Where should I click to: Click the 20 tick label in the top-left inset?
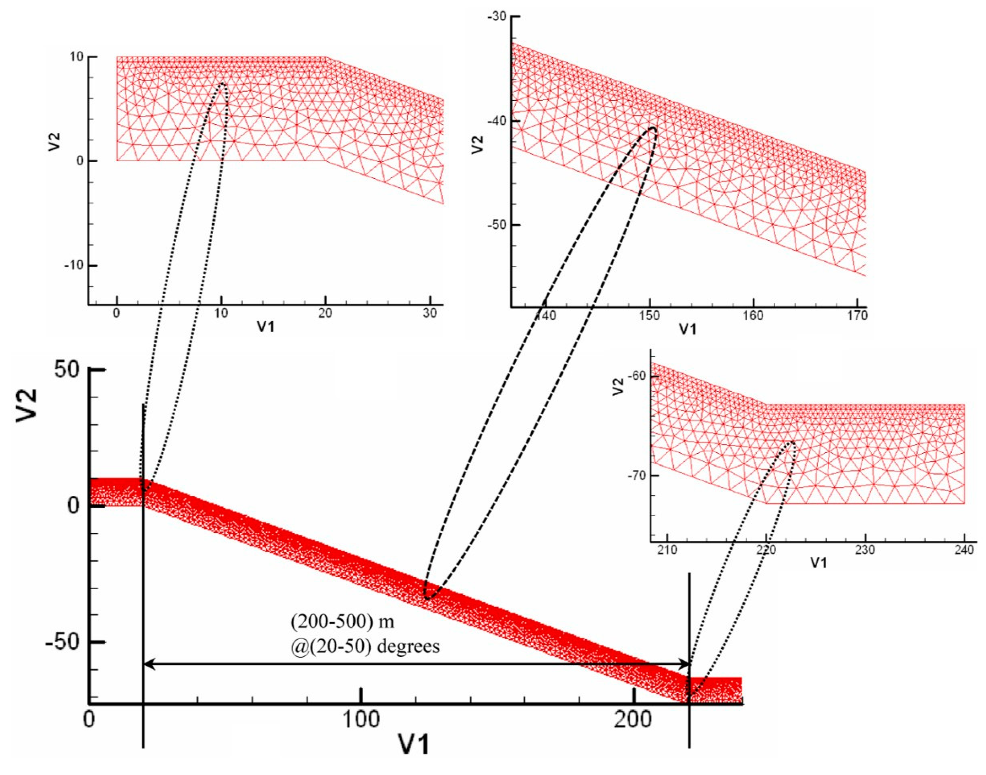325,313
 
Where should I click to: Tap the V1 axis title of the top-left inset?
266,326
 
